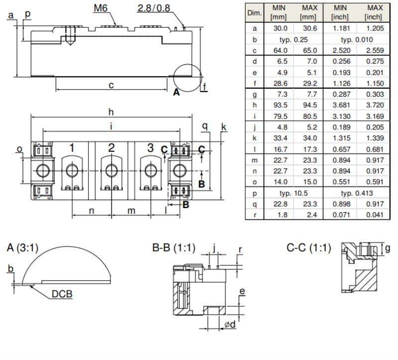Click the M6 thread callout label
100,8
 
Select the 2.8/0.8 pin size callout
154,8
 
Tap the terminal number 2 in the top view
111,148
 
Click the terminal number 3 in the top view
151,147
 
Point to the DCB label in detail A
62,294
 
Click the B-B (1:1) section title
174,247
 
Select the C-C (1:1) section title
308,247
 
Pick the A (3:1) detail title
22,247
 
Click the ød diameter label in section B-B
230,324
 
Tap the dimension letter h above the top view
111,112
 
